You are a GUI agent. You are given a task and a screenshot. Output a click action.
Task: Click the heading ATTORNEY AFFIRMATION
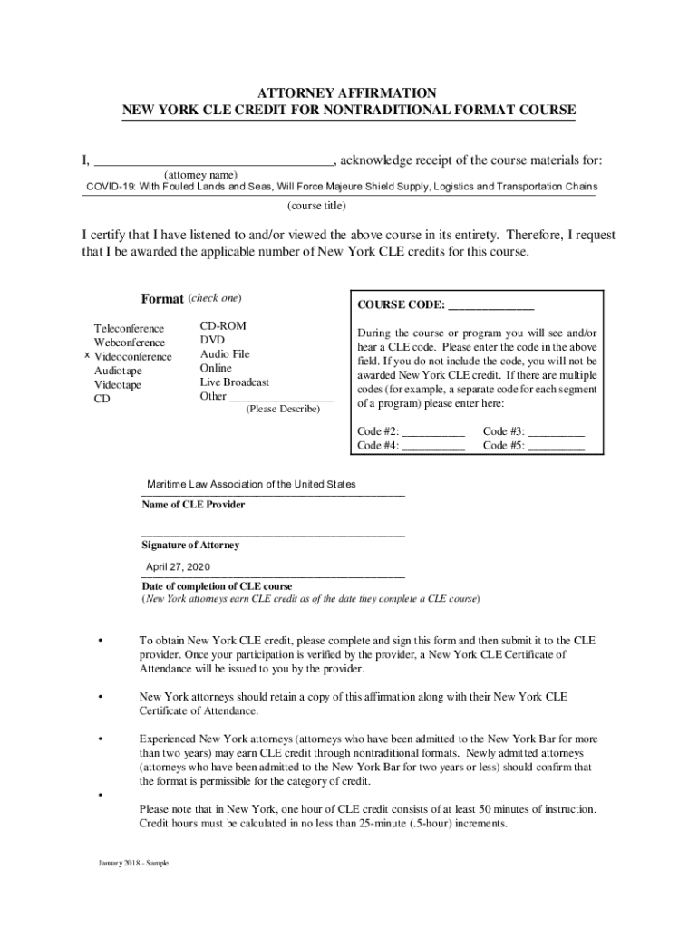coord(348,93)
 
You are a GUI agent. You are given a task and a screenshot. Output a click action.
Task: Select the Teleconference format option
coord(130,328)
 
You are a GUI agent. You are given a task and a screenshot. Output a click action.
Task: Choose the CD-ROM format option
coord(223,325)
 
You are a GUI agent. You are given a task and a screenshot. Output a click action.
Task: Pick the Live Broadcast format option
coord(235,382)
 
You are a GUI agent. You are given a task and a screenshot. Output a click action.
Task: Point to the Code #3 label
coord(503,432)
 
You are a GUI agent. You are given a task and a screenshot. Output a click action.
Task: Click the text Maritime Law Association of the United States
coord(246,485)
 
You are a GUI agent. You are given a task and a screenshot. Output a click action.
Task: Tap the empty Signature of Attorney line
coord(273,535)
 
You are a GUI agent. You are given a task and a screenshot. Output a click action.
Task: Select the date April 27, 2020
coord(179,566)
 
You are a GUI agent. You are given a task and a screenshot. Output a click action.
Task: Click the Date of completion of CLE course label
coord(217,586)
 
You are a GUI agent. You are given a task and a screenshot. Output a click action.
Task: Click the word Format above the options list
coord(162,299)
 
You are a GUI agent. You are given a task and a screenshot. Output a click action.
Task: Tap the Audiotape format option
coord(119,371)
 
